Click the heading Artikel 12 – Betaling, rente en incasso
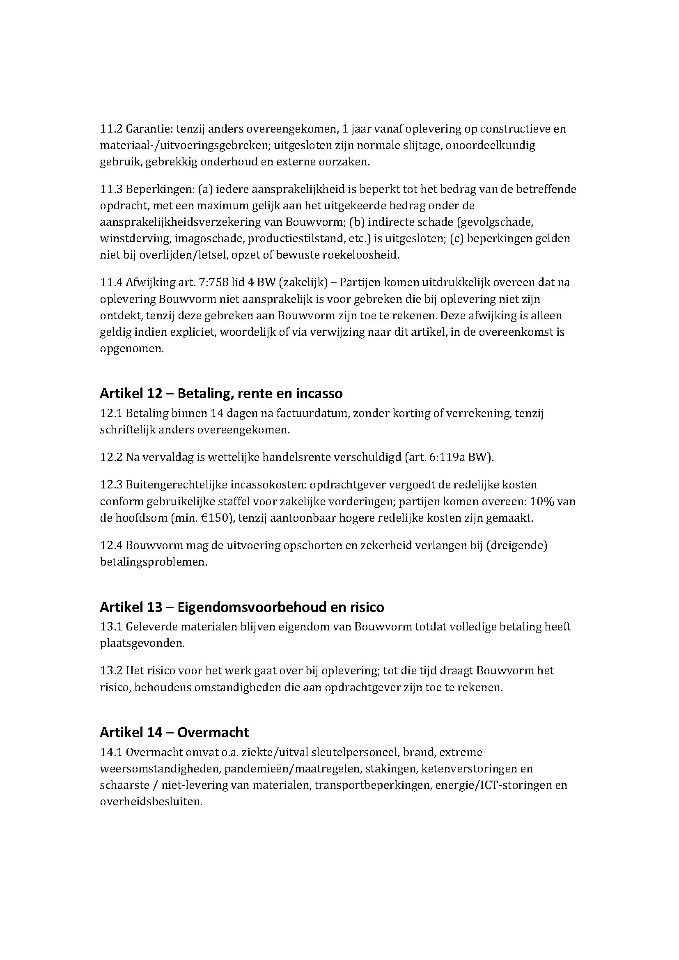coord(221,394)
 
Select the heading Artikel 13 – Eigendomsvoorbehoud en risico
coord(242,607)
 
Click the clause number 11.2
coord(111,129)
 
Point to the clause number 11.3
coord(111,189)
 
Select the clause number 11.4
coord(111,282)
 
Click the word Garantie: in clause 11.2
coord(145,129)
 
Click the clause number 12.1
coord(111,414)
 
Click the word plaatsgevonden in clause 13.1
coord(142,643)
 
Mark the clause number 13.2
coord(111,671)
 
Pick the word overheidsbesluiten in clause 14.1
coord(151,802)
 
